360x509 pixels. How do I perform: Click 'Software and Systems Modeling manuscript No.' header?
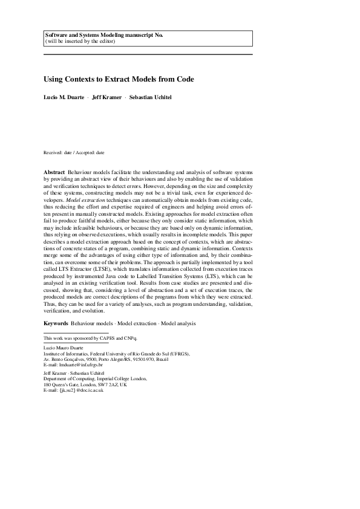tap(104, 35)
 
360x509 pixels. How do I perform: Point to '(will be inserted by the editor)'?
tap(80, 41)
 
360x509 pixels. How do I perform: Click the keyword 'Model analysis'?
tap(178, 324)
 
